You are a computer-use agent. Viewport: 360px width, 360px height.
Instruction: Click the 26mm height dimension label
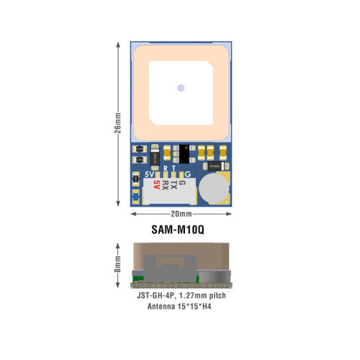pos(117,123)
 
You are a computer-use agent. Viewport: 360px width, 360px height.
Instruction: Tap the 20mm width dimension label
pos(181,214)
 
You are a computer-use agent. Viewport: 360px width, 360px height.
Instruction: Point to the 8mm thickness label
pos(117,264)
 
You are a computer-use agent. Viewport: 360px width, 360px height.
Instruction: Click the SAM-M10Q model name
pos(178,230)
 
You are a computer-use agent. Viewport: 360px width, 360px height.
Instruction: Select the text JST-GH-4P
pos(155,295)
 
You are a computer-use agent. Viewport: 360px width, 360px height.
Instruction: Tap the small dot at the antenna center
pos(181,88)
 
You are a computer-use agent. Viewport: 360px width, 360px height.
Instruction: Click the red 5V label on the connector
pos(157,184)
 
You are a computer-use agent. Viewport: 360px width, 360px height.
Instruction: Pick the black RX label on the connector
pos(165,185)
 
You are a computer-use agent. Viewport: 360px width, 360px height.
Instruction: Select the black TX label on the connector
pos(174,185)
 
